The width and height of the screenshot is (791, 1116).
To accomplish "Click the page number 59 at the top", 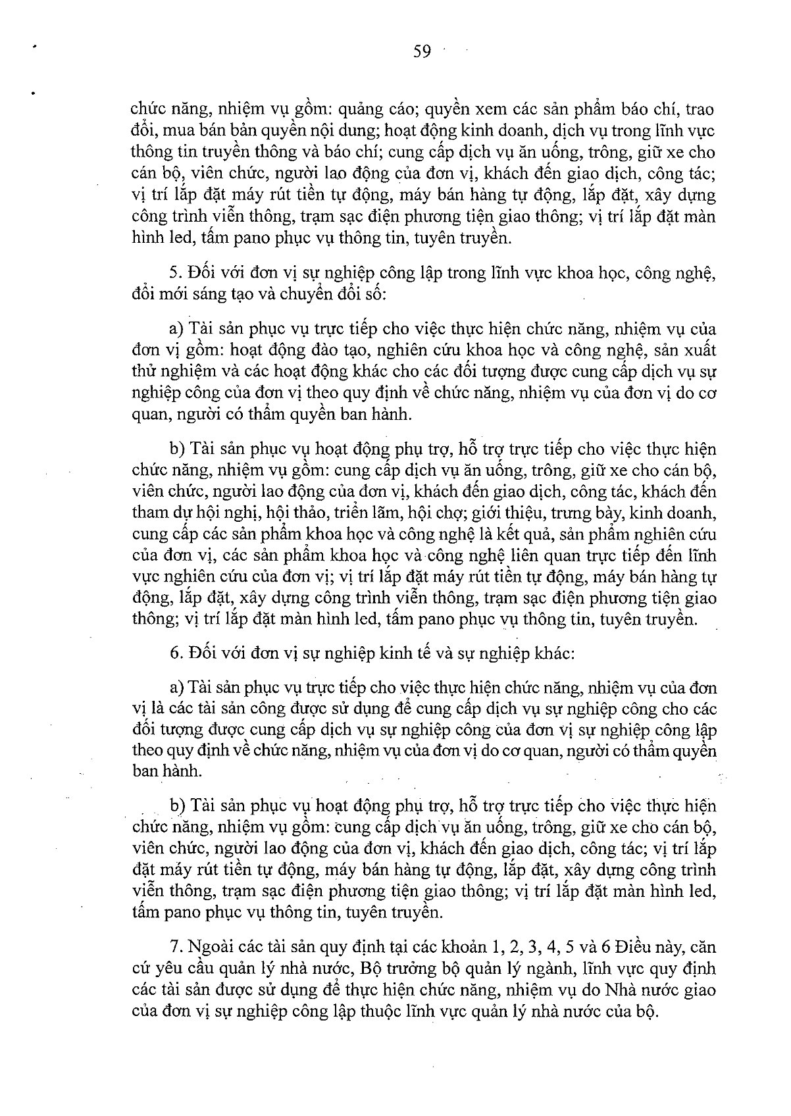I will click(422, 51).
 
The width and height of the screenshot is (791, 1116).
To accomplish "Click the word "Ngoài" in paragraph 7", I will click(211, 948).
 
